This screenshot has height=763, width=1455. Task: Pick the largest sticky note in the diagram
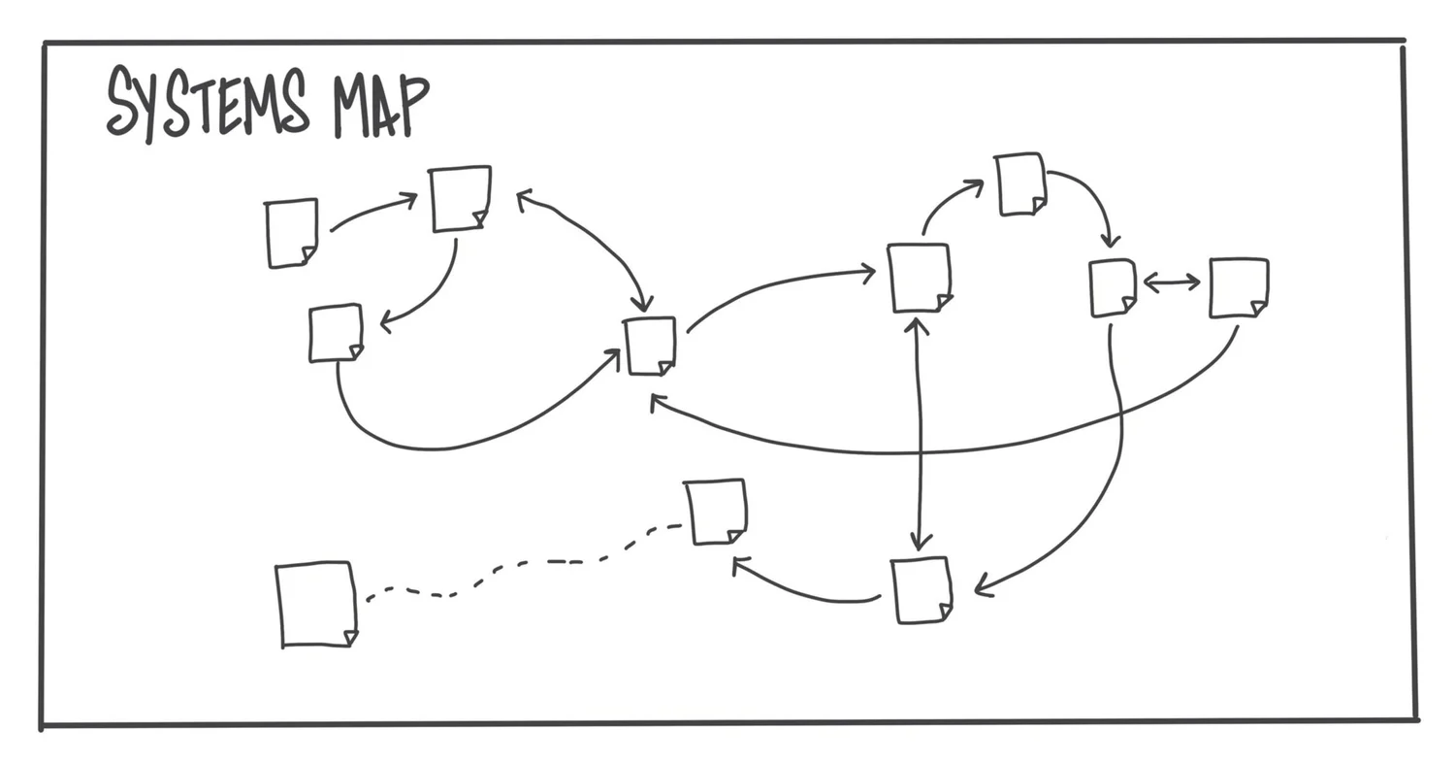[x=315, y=603]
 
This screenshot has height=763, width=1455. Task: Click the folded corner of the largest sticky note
[x=350, y=638]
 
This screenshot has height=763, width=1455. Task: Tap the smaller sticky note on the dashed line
[x=716, y=511]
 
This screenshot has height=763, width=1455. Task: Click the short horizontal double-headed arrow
[x=1172, y=282]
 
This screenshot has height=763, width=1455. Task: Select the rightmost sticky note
[x=1238, y=287]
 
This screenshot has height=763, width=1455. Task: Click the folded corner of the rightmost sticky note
[x=1258, y=309]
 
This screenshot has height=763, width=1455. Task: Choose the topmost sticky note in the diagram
[x=1019, y=183]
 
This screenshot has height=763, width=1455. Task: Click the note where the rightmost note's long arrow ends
[x=650, y=346]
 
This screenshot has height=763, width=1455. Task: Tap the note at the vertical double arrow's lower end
[x=920, y=589]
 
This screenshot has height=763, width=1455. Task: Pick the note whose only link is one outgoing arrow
[x=291, y=233]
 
